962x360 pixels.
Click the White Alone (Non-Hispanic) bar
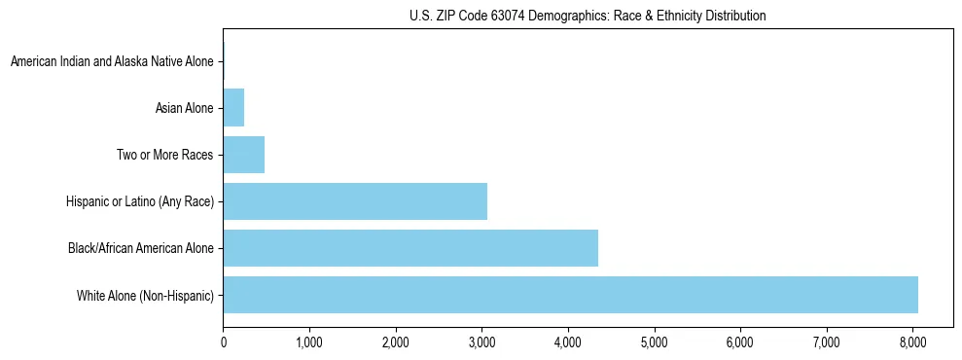coord(570,295)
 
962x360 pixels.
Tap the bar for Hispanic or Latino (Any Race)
coord(355,201)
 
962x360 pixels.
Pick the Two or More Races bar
coord(244,155)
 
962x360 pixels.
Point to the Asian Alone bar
coord(233,108)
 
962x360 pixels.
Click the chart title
coord(588,16)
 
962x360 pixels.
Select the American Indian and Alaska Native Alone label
coord(112,61)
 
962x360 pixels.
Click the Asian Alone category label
coord(184,108)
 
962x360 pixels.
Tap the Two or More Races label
coord(164,155)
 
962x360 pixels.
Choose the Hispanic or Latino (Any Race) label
coord(139,201)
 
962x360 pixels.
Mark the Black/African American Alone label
coord(140,248)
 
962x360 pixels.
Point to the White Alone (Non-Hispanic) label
coord(145,295)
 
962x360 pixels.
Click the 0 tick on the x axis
coord(224,342)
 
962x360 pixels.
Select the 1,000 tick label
coord(309,342)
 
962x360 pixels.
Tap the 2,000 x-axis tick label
coord(396,342)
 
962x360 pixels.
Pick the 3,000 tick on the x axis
coord(481,342)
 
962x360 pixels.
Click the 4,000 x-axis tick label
coord(568,342)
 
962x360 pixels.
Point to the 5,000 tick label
coord(655,342)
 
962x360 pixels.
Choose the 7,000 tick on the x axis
coord(827,342)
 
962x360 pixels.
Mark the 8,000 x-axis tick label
coord(912,342)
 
